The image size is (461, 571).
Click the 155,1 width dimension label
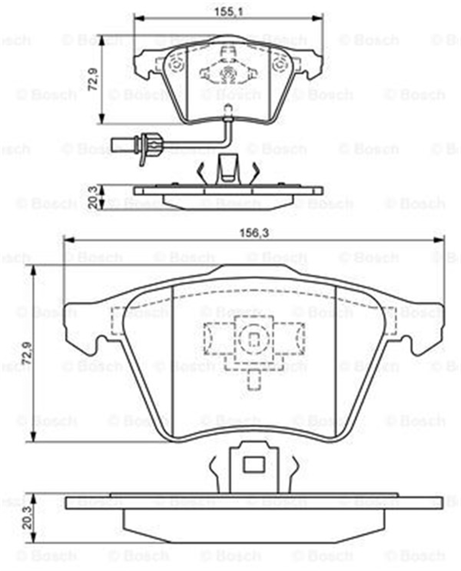(x=229, y=12)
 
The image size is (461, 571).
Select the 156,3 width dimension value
(x=254, y=233)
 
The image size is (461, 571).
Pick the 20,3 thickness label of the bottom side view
(x=27, y=518)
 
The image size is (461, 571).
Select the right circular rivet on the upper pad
(x=280, y=65)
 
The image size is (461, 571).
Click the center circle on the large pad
(x=254, y=338)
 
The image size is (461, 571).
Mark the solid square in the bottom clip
(x=254, y=465)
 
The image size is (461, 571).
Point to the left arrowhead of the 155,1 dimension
(x=138, y=18)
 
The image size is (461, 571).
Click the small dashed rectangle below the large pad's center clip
(x=254, y=380)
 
